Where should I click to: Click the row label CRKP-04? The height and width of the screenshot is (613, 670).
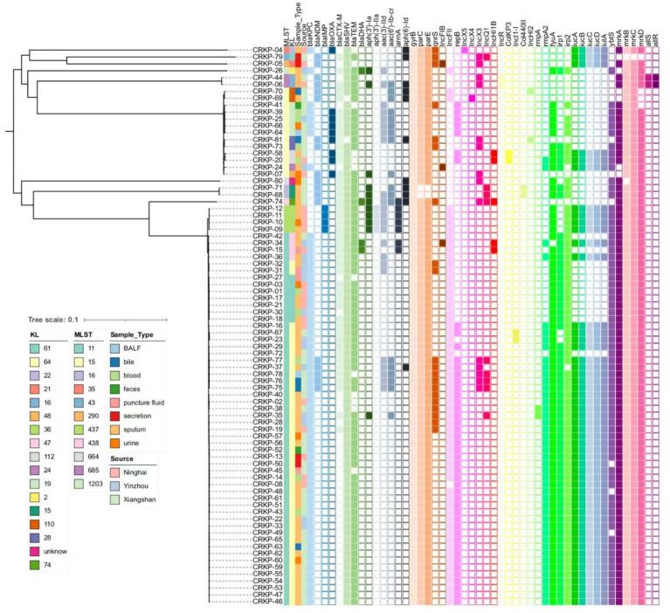pyautogui.click(x=266, y=50)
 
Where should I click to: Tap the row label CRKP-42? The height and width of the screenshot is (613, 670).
pyautogui.click(x=266, y=236)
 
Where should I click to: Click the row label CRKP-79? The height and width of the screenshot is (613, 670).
pyautogui.click(x=266, y=57)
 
